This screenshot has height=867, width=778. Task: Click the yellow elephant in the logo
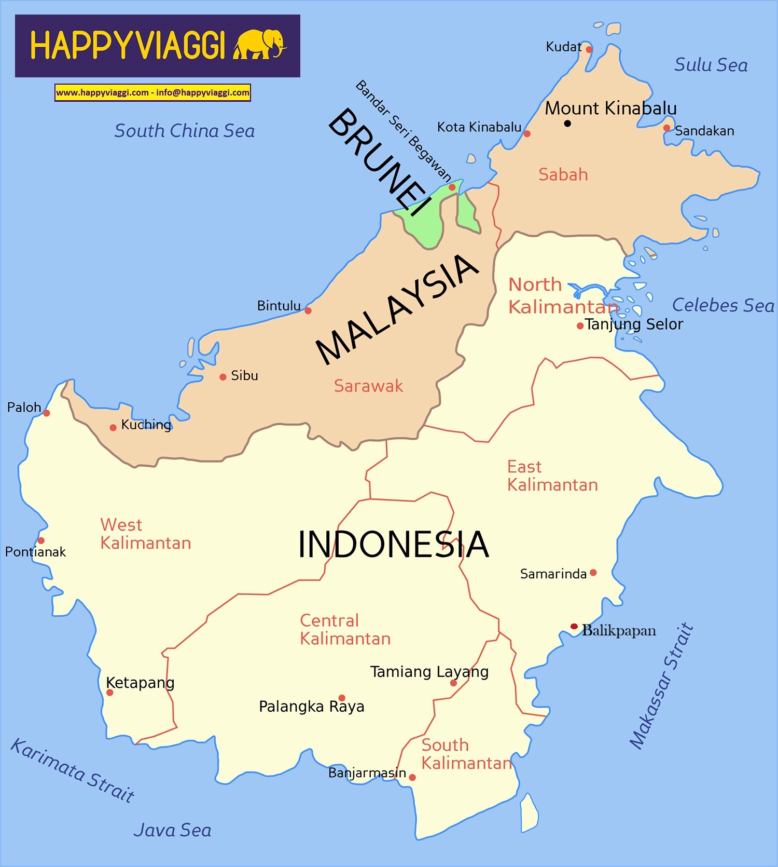click(259, 44)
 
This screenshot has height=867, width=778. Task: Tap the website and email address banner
click(152, 92)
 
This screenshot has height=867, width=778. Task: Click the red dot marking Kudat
click(589, 49)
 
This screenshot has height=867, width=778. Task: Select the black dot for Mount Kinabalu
click(567, 124)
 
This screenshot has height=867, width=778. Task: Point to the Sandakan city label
click(704, 131)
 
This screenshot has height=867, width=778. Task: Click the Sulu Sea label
click(711, 65)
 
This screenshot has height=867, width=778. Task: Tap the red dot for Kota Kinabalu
click(527, 134)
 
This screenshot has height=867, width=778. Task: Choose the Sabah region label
click(563, 174)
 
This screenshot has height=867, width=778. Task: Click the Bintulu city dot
click(308, 311)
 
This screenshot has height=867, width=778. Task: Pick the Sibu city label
click(244, 375)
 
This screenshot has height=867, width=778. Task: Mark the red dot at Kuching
click(113, 428)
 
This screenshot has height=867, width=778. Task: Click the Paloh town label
click(24, 408)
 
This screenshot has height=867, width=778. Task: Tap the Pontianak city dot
click(41, 540)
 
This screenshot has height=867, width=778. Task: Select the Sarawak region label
click(368, 386)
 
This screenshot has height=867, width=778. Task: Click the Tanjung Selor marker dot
click(580, 326)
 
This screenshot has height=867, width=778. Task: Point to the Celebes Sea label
click(723, 305)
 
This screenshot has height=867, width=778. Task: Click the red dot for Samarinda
click(593, 573)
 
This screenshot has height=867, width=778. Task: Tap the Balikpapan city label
click(619, 630)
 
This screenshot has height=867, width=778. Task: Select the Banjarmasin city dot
click(412, 777)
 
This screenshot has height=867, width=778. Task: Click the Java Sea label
click(172, 830)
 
